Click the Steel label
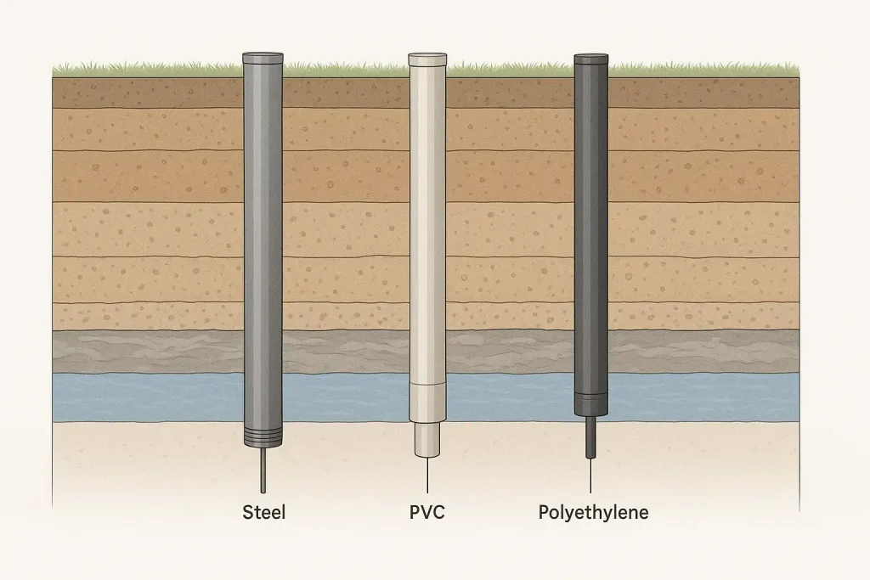[x=264, y=512]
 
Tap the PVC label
[x=427, y=512]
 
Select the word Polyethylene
[x=593, y=512]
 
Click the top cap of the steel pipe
[x=263, y=59]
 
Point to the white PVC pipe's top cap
[x=427, y=59]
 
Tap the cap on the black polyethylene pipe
[x=590, y=60]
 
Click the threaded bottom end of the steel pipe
[x=263, y=438]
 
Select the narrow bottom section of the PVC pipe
[x=427, y=439]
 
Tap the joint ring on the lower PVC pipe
[x=427, y=385]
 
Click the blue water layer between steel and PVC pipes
[x=344, y=397]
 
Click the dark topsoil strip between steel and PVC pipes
[x=344, y=93]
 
